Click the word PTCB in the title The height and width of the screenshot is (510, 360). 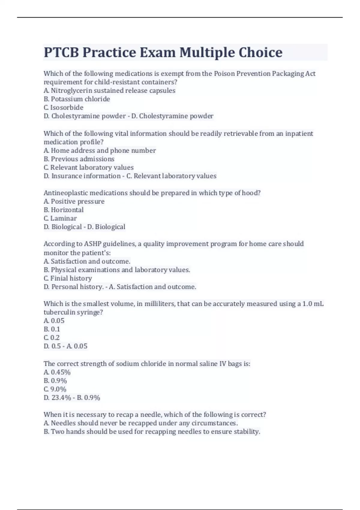61,52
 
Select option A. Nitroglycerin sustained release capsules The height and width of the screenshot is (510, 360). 109,91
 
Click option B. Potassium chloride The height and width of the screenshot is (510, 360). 77,99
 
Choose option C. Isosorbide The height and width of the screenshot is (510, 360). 64,107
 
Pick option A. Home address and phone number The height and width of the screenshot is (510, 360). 100,151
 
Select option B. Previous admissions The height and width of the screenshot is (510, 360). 79,159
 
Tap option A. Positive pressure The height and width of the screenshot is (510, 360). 74,201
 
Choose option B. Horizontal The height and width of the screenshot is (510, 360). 64,210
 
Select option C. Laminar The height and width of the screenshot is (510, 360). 60,218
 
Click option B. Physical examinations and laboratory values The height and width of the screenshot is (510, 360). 117,270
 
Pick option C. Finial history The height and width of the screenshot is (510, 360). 68,278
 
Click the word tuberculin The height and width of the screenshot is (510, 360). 59,312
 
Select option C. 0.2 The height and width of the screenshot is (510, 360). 52,338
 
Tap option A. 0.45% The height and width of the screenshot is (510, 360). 57,372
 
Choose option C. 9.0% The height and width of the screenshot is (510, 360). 55,389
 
